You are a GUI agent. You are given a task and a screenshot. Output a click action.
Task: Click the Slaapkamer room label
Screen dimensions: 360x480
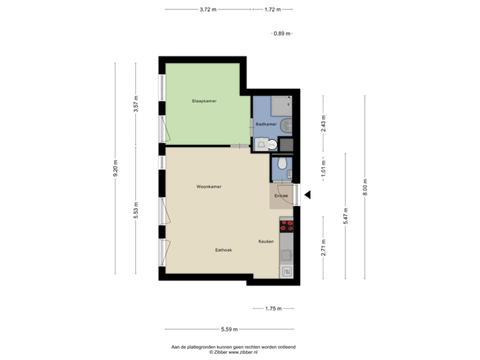[x=204, y=101]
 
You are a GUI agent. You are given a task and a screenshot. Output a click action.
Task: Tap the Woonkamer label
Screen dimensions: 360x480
[x=209, y=187]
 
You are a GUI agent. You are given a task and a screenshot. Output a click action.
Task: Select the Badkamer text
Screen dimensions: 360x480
[x=266, y=124]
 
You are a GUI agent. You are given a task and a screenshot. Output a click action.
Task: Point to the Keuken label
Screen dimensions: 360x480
[x=266, y=241]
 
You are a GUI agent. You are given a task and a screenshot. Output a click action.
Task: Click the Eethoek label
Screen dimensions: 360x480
[x=223, y=250]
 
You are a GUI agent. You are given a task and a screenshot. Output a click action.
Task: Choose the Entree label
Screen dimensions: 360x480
[x=281, y=196]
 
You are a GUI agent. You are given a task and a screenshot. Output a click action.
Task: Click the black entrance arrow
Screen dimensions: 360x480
[x=307, y=195]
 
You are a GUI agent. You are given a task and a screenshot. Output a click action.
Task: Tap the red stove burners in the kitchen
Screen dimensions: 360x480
[x=287, y=225]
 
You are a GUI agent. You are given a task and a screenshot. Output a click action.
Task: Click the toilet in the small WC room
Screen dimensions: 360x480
[x=283, y=163]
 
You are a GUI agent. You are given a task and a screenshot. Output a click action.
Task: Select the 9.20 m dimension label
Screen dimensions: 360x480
[x=115, y=168]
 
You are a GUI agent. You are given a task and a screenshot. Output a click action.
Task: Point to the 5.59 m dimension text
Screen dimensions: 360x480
[x=229, y=329]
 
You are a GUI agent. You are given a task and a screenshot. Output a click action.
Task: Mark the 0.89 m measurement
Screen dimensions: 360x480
[x=283, y=33]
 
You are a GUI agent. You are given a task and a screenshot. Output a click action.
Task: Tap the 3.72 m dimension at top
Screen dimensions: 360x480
[x=208, y=9]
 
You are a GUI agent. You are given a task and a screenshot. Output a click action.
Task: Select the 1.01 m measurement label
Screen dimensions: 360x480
[x=323, y=167]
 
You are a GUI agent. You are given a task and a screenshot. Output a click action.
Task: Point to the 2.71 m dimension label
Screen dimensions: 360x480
[x=323, y=247]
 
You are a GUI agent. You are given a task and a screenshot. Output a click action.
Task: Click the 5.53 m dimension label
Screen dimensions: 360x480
[x=136, y=210]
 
